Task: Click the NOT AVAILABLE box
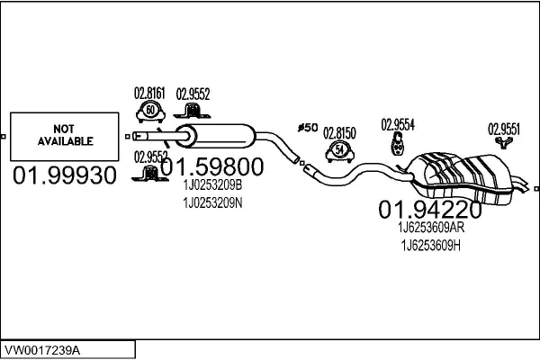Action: [x=65, y=135]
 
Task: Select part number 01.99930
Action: [x=65, y=175]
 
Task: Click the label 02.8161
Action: [x=149, y=92]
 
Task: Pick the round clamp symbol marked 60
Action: [x=150, y=111]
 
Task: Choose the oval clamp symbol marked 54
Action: [x=339, y=149]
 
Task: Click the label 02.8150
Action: [x=339, y=132]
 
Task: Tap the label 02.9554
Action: [x=397, y=124]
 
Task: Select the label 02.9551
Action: [x=504, y=128]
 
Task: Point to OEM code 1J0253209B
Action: [x=213, y=186]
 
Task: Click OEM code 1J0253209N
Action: [x=213, y=202]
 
